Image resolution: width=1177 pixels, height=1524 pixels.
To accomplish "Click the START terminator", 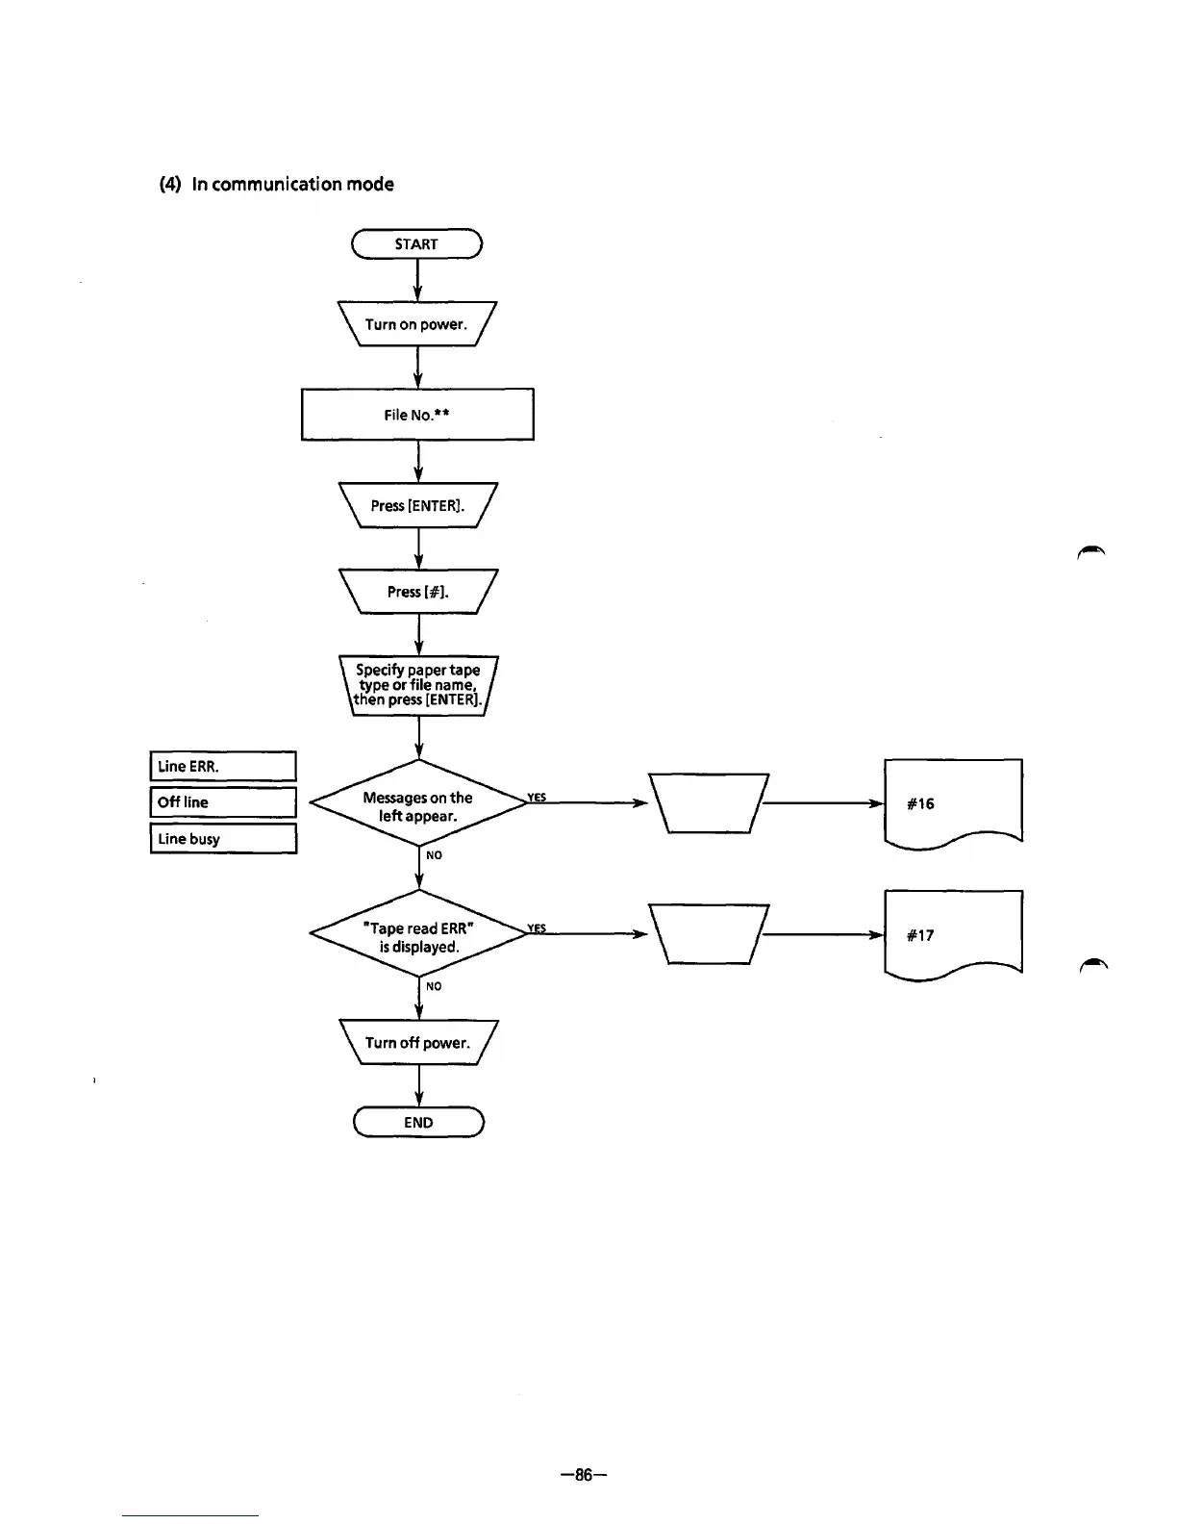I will (x=416, y=244).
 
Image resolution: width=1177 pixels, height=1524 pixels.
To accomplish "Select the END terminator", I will (x=418, y=1123).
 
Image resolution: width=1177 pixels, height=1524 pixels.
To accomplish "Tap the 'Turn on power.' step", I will (x=416, y=324).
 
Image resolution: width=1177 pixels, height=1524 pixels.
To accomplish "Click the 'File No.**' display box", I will (x=417, y=415).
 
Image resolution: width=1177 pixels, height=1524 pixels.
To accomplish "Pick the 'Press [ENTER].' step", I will (x=417, y=505).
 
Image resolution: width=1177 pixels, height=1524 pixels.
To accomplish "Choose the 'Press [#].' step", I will (x=417, y=592).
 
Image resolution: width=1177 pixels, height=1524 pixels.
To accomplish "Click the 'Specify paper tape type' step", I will (x=417, y=684).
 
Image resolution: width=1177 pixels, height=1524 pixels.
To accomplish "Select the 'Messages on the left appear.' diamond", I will (x=417, y=806).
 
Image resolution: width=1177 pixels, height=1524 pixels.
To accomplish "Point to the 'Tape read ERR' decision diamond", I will (x=417, y=937).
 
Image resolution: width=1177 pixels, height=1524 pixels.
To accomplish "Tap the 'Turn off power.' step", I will (x=417, y=1043).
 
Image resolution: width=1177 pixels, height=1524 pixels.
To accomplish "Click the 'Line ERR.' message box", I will (x=223, y=767).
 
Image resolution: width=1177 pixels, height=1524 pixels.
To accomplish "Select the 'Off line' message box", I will (x=223, y=802).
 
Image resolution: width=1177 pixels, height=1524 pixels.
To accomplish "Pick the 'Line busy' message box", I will (x=223, y=839).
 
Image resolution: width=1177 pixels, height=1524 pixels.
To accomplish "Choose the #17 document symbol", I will (x=952, y=934).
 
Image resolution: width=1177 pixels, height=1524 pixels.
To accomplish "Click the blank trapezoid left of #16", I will (x=709, y=803).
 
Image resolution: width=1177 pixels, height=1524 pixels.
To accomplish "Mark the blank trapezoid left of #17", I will (x=709, y=934).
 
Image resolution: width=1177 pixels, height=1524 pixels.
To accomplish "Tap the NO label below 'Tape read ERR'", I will (x=434, y=986).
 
